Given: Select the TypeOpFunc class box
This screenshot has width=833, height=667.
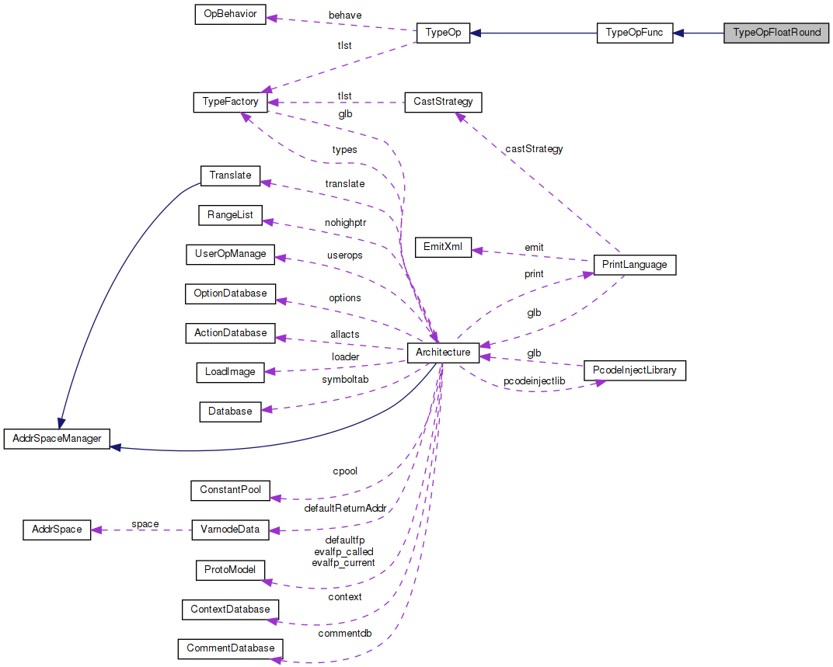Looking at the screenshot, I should click(x=634, y=33).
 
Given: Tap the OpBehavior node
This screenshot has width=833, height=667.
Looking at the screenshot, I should click(x=230, y=15).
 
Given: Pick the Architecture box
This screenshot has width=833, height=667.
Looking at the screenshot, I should click(x=443, y=353).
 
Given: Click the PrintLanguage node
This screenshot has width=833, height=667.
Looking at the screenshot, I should click(x=634, y=265).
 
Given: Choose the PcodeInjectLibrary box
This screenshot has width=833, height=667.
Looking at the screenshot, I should click(x=635, y=370).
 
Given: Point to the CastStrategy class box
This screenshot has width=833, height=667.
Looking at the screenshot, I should click(x=443, y=102).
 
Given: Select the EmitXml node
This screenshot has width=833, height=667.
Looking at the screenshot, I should click(x=443, y=248).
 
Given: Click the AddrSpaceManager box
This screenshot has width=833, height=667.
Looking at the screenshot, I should click(x=58, y=439).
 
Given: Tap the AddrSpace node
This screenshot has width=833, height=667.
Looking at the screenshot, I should click(x=57, y=530).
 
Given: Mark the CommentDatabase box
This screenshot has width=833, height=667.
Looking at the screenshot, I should click(x=230, y=648).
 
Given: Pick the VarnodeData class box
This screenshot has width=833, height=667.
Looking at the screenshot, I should click(x=230, y=530).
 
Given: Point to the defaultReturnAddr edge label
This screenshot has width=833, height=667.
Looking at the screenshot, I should click(x=345, y=509).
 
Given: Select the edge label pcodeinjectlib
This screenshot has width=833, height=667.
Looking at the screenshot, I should click(x=534, y=381).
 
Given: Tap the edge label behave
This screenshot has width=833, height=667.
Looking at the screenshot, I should click(x=345, y=15).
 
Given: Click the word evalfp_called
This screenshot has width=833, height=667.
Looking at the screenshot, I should click(x=343, y=551).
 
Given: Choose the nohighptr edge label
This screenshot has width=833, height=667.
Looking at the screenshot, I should click(x=347, y=222).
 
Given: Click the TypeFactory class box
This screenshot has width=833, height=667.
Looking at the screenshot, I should click(x=230, y=102).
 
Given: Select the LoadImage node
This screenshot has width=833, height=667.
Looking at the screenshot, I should click(x=230, y=372).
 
